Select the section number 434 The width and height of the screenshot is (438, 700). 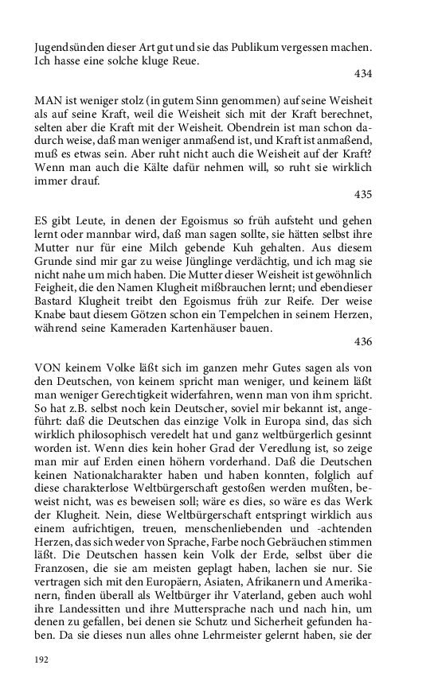click(x=363, y=73)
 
